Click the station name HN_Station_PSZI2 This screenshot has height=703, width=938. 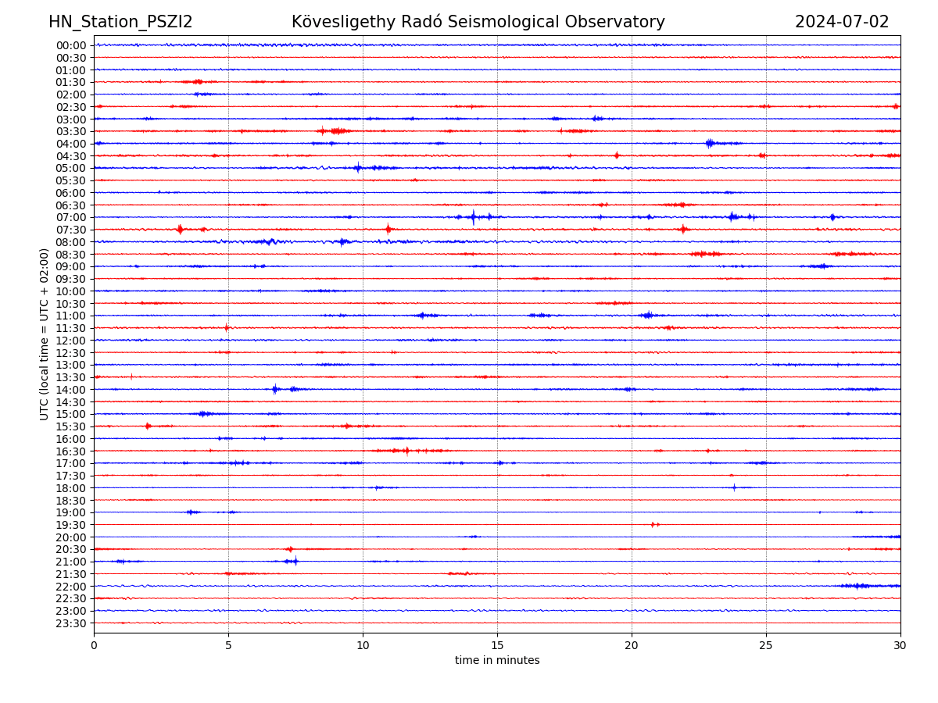pyautogui.click(x=120, y=23)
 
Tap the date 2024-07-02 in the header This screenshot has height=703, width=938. pyautogui.click(x=842, y=23)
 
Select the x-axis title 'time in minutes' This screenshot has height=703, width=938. pyautogui.click(x=497, y=661)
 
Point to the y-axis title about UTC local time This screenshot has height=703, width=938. pyautogui.click(x=45, y=334)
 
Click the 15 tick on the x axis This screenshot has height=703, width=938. pyautogui.click(x=497, y=646)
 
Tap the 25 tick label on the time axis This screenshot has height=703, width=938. pyautogui.click(x=766, y=646)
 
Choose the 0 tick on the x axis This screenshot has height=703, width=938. pyautogui.click(x=94, y=646)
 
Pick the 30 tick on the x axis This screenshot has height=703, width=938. pyautogui.click(x=900, y=646)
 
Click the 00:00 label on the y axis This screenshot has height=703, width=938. pyautogui.click(x=71, y=45)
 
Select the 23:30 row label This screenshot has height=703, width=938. pyautogui.click(x=71, y=623)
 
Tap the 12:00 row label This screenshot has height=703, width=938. pyautogui.click(x=71, y=341)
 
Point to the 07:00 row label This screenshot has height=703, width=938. pyautogui.click(x=71, y=217)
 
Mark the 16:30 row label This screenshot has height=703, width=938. pyautogui.click(x=71, y=451)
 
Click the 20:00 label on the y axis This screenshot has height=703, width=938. pyautogui.click(x=71, y=537)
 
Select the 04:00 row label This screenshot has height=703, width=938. pyautogui.click(x=71, y=144)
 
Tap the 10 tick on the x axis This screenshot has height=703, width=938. pyautogui.click(x=363, y=646)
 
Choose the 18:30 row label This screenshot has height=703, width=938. pyautogui.click(x=71, y=501)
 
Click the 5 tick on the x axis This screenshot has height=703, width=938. pyautogui.click(x=228, y=646)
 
